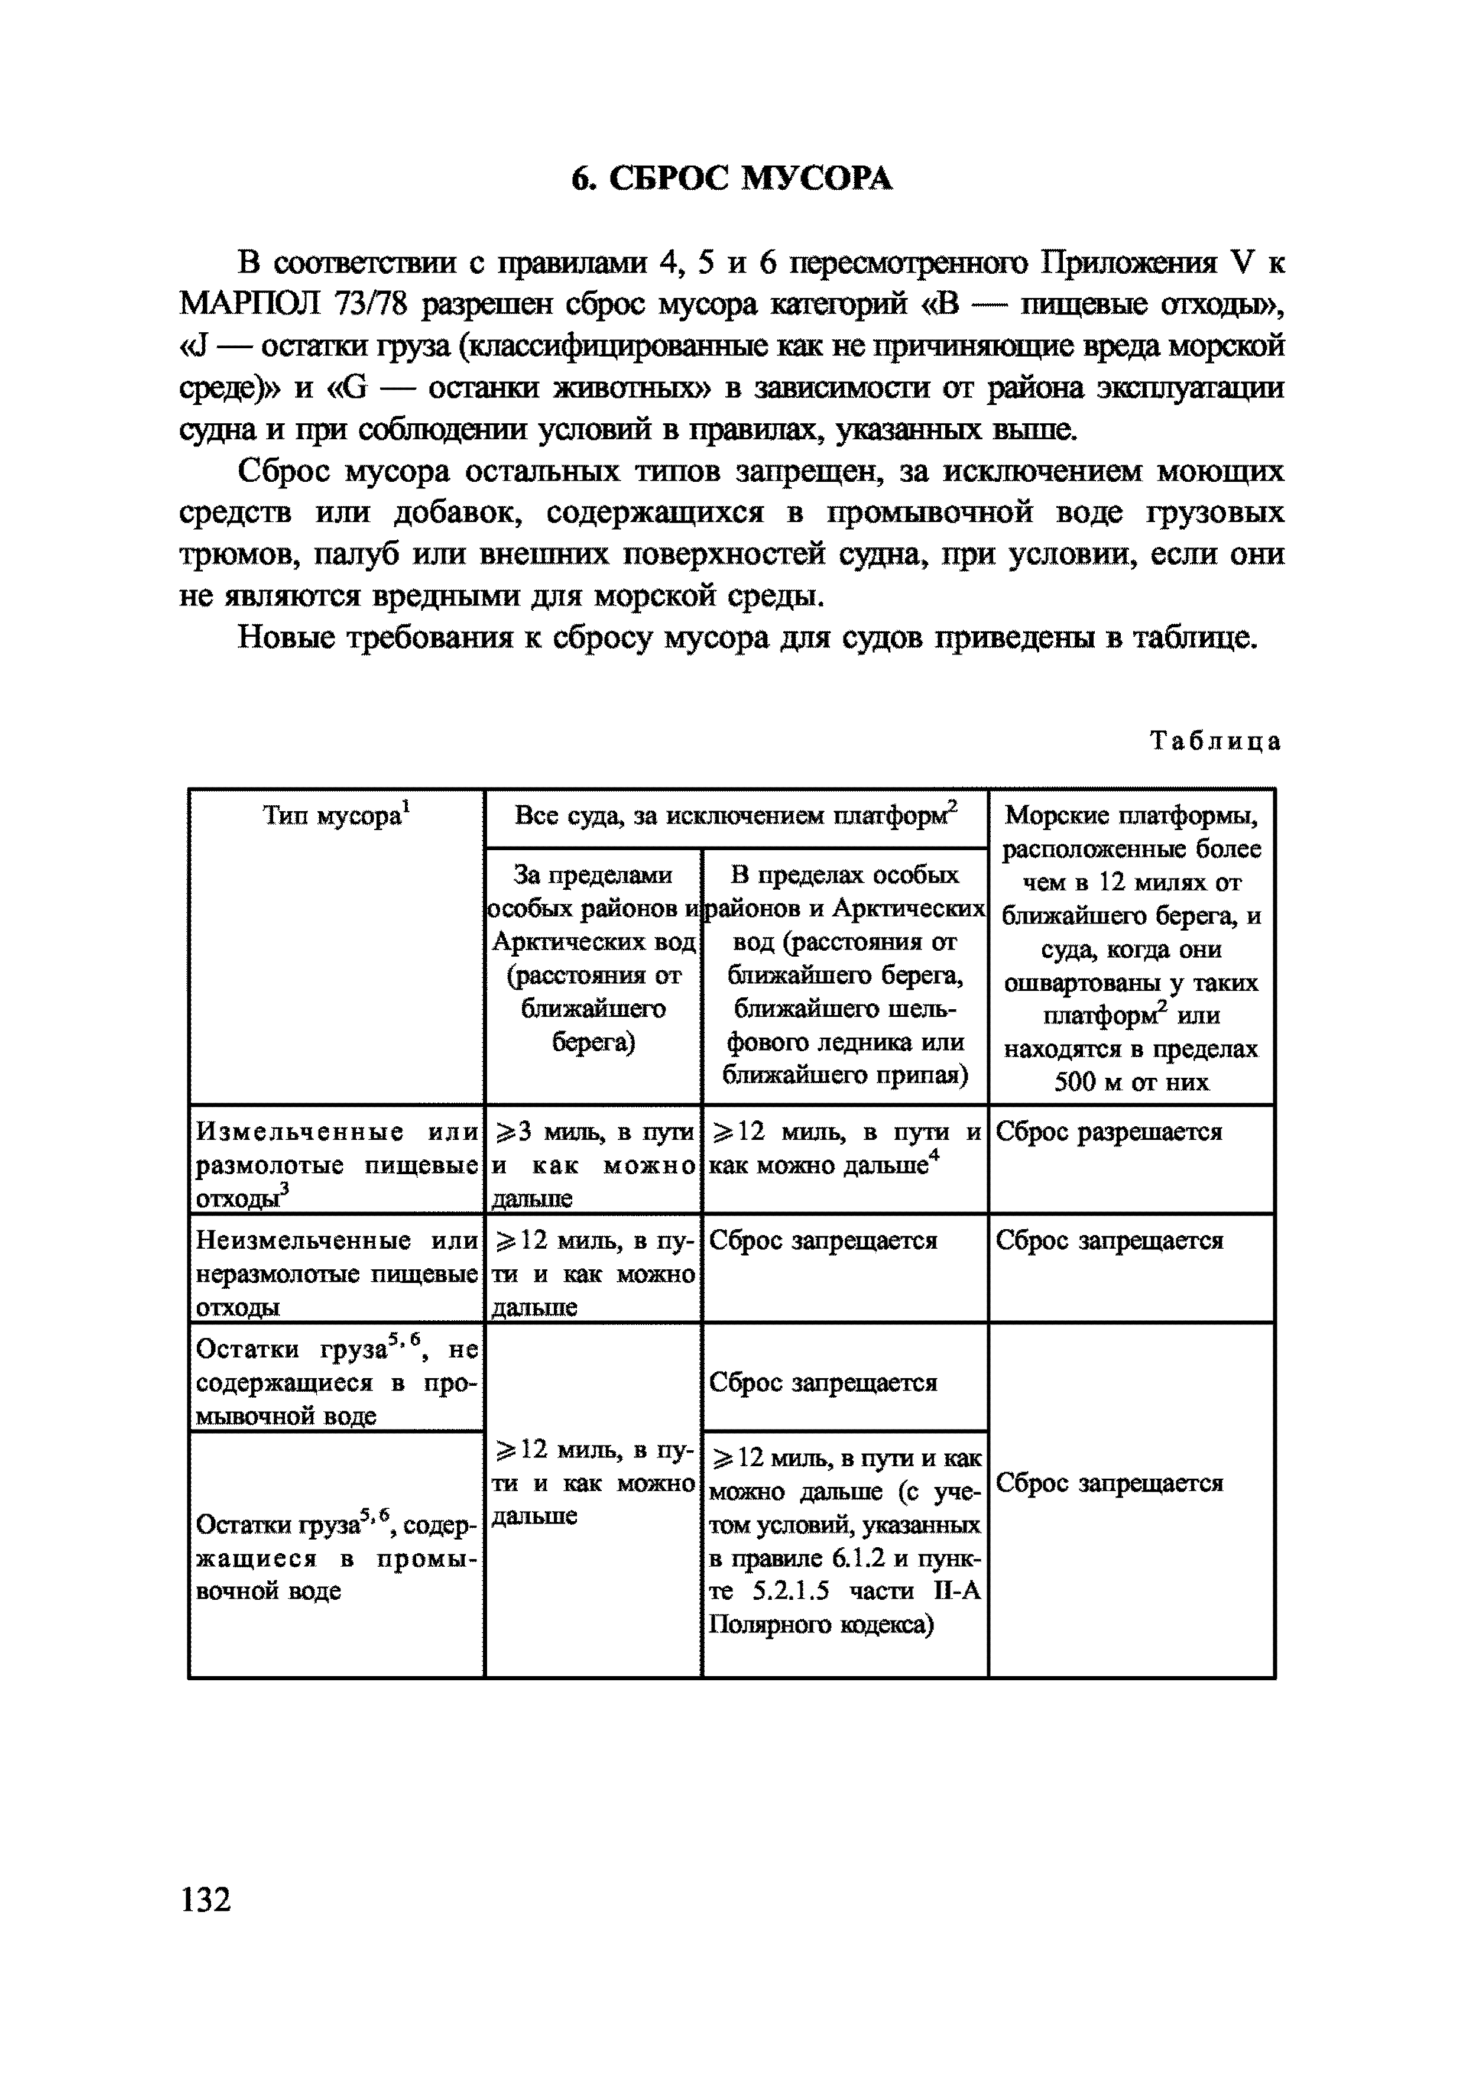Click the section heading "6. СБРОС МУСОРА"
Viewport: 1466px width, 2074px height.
click(x=732, y=179)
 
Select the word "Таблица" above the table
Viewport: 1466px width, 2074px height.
click(x=1215, y=741)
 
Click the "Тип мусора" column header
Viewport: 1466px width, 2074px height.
click(x=336, y=816)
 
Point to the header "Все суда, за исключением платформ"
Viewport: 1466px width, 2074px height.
click(x=735, y=816)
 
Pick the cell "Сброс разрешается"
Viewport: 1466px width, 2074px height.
click(x=1108, y=1132)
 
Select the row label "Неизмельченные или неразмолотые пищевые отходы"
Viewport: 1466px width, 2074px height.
click(x=336, y=1273)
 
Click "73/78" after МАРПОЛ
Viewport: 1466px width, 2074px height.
click(x=370, y=304)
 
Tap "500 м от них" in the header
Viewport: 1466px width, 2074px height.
click(x=1131, y=1081)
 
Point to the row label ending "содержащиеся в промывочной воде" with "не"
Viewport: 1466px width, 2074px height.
click(x=336, y=1382)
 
